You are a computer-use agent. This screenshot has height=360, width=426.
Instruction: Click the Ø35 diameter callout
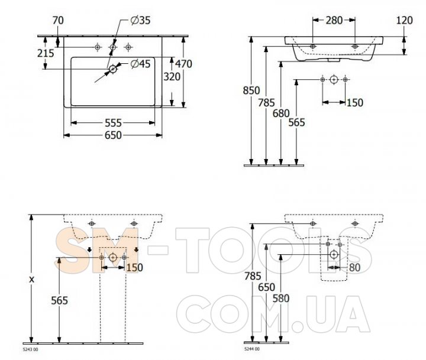tap(140, 20)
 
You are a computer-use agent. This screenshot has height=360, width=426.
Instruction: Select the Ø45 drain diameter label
tap(140, 64)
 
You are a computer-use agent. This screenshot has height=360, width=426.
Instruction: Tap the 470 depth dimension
tap(183, 64)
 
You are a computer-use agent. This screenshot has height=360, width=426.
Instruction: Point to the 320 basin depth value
tap(172, 77)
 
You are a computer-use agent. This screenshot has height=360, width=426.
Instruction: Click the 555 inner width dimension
tap(113, 123)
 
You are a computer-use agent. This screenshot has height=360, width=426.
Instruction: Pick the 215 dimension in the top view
tap(46, 53)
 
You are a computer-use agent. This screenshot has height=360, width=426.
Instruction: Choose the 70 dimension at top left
tap(58, 20)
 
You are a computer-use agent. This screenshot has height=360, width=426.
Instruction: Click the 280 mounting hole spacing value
tap(334, 20)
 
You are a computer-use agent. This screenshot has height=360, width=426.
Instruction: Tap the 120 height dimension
tap(404, 20)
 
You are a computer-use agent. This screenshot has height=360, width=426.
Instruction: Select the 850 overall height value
tap(251, 90)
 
